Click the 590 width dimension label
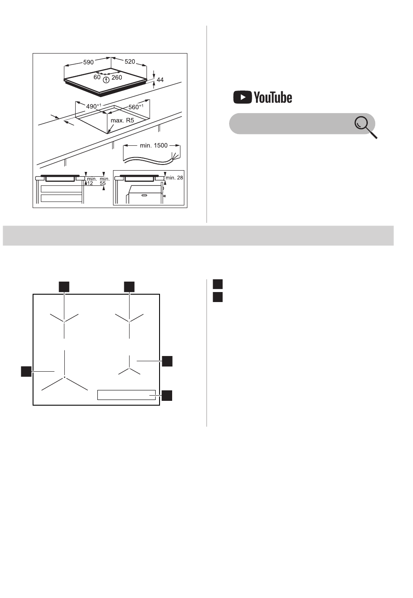point(88,62)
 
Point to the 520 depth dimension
point(130,62)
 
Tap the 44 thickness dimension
point(160,80)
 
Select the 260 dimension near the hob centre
point(117,77)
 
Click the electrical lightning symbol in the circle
point(106,80)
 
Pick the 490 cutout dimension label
point(93,106)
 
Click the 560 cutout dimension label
point(136,107)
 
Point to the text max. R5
point(123,121)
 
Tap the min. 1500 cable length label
point(154,145)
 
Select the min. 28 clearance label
point(174,178)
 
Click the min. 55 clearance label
point(104,181)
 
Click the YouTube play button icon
point(242,97)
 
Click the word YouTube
point(273,97)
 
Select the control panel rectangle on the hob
point(127,395)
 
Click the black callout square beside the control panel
point(167,395)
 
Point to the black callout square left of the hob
point(26,371)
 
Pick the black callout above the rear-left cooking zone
point(64,287)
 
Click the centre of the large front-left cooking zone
point(64,377)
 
